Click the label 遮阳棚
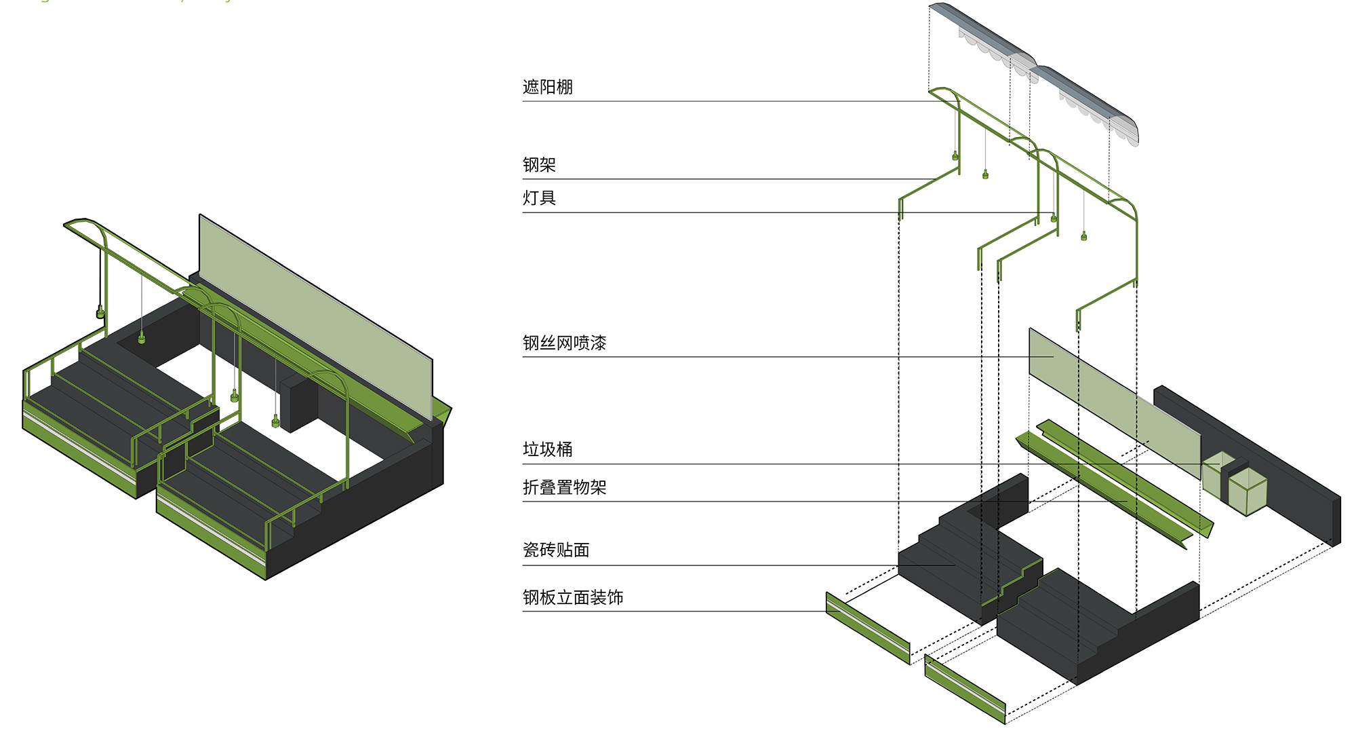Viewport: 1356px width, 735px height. coord(547,87)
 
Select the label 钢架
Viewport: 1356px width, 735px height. coord(539,165)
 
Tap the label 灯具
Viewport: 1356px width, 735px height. coord(539,198)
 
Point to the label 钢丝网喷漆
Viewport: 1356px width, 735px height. coord(564,343)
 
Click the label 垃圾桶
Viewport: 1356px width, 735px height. coord(547,449)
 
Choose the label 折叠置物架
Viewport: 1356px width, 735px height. coord(564,487)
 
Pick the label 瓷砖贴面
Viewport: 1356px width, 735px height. coord(556,550)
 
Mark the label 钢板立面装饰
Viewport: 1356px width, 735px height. coord(573,597)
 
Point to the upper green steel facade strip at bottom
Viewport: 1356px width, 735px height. coord(868,628)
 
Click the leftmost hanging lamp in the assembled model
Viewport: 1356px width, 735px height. coord(100,313)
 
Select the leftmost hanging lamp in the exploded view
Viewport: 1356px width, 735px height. coord(955,157)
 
